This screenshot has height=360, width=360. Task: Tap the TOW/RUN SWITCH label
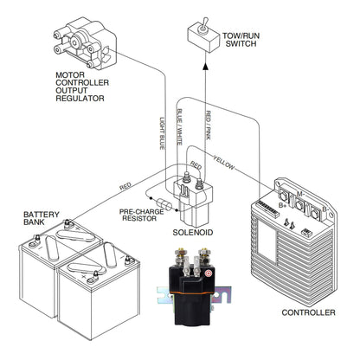click(x=241, y=40)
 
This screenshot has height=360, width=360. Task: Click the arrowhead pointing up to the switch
click(x=205, y=67)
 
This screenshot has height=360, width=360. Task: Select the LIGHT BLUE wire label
click(x=163, y=133)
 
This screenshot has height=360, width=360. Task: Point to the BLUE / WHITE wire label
click(x=179, y=126)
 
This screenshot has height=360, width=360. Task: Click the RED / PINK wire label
click(x=208, y=125)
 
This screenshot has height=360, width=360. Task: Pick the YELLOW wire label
click(x=224, y=162)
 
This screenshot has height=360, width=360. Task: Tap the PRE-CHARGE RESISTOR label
click(x=141, y=215)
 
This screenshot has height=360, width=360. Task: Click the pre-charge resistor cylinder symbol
click(x=166, y=204)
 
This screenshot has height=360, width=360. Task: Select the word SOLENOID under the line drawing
click(x=193, y=233)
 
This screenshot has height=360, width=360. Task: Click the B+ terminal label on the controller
click(x=282, y=205)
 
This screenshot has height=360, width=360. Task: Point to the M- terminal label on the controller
click(x=300, y=194)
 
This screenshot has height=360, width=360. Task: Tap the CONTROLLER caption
click(x=308, y=312)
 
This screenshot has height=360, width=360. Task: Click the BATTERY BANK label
click(x=42, y=218)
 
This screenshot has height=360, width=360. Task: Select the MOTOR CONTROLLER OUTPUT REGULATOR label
click(x=82, y=87)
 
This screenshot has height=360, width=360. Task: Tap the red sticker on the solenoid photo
click(x=207, y=273)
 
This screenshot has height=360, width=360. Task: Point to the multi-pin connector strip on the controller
click(x=267, y=209)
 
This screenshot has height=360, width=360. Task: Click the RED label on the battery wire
click(x=125, y=186)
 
